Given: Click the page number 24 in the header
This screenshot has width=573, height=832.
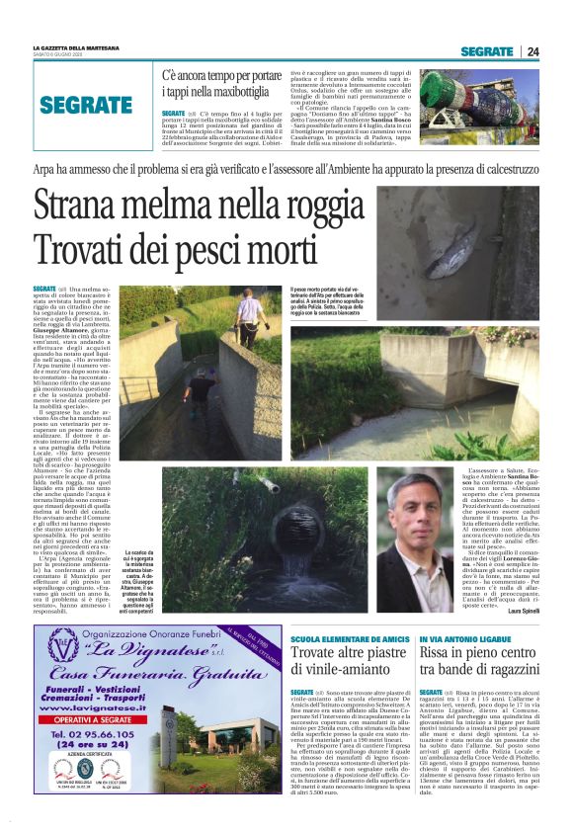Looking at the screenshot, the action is [533, 51].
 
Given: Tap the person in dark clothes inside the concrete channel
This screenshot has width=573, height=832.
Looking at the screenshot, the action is [193, 396].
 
